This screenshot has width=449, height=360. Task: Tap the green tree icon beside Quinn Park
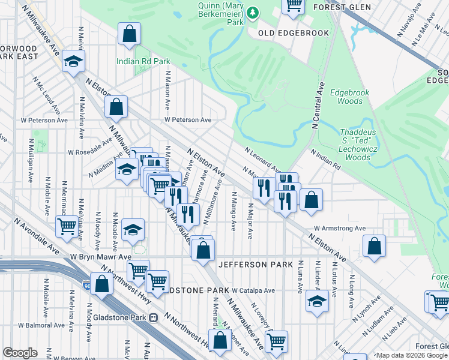(253, 12)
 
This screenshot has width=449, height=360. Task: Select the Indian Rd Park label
(144, 61)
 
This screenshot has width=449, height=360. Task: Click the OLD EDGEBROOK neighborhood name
(294, 33)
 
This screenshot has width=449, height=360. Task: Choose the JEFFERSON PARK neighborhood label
(255, 265)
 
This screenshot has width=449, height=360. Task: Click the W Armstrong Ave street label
(340, 229)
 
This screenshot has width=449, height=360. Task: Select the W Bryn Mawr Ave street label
(100, 256)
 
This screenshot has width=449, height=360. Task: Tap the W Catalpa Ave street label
(253, 290)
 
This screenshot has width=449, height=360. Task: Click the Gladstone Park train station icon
(154, 317)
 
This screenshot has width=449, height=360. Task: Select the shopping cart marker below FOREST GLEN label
(294, 5)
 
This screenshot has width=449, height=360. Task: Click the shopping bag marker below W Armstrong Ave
(374, 245)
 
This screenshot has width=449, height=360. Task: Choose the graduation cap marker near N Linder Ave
(317, 301)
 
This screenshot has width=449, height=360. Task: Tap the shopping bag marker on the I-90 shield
(102, 284)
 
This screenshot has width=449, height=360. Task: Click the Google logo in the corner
(20, 353)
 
